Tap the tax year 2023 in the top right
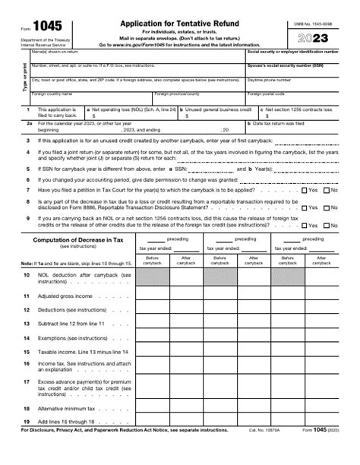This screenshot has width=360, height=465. [316, 36]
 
